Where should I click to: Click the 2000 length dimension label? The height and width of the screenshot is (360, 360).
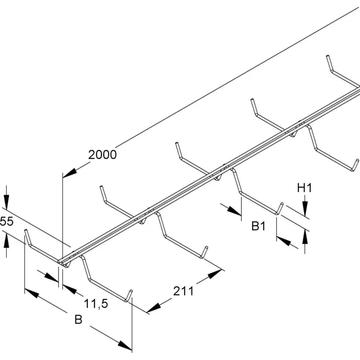(103, 155)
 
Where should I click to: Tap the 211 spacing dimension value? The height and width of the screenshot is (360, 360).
(184, 291)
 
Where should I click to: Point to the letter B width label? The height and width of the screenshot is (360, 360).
(78, 319)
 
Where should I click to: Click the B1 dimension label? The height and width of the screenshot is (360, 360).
(258, 226)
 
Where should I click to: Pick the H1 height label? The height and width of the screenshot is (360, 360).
(305, 188)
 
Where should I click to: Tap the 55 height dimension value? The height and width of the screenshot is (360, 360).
(6, 222)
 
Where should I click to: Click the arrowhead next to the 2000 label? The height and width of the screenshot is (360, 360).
(70, 173)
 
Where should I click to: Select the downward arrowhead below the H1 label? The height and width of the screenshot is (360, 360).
(305, 208)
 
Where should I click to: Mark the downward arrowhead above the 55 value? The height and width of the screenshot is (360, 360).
(6, 202)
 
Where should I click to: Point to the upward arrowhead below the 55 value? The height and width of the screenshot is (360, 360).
(6, 240)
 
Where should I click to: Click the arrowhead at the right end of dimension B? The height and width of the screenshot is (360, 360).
(125, 346)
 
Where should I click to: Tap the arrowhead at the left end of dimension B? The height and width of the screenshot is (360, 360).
(31, 293)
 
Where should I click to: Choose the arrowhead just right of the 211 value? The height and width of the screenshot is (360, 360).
(215, 274)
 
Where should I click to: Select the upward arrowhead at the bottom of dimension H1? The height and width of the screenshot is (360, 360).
(305, 237)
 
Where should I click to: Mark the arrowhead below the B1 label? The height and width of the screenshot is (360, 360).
(284, 241)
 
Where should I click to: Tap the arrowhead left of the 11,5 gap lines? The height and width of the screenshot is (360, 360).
(51, 278)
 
